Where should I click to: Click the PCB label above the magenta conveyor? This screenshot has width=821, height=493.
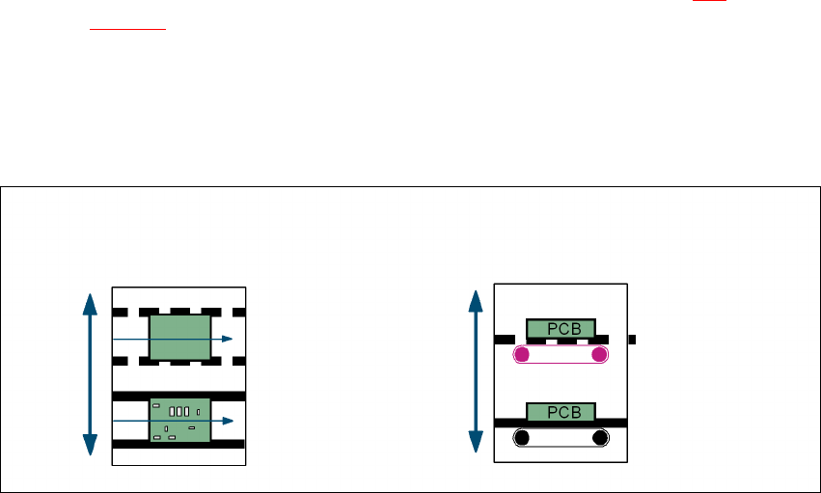[561, 328]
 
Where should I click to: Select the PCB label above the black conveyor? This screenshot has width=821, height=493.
[561, 411]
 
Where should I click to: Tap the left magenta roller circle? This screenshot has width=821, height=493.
[522, 355]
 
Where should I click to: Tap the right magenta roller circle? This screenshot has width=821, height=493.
[599, 355]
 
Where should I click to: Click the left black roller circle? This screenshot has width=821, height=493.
[522, 438]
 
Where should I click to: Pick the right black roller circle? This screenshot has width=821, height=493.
[599, 438]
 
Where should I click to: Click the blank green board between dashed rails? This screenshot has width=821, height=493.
[180, 338]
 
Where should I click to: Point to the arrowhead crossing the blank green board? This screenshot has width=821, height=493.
[227, 339]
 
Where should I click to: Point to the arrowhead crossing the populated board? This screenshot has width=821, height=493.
[227, 421]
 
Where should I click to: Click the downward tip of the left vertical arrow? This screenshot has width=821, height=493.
[90, 450]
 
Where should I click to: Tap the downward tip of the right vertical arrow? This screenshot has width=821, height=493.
[475, 449]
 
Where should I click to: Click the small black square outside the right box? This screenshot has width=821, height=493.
[632, 340]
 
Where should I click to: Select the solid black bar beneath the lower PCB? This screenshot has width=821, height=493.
[561, 424]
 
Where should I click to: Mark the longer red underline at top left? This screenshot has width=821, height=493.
[128, 29]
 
